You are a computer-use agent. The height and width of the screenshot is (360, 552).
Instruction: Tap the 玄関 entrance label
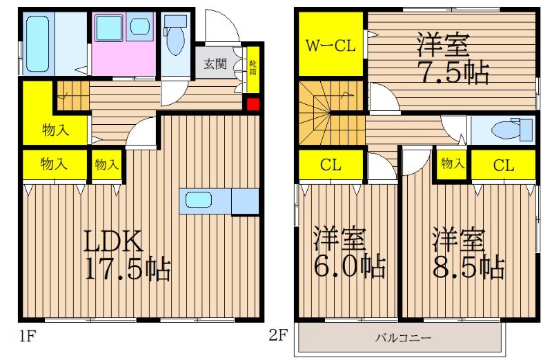tap(215, 65)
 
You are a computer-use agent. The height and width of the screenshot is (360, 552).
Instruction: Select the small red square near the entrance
tap(253, 105)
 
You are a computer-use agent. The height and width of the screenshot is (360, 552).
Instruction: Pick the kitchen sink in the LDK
tap(199, 200)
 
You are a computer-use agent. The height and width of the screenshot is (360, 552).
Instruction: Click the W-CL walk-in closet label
tap(331, 46)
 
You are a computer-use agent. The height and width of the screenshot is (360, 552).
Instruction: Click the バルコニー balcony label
tap(404, 338)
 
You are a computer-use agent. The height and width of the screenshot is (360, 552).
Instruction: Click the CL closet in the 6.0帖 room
tap(331, 165)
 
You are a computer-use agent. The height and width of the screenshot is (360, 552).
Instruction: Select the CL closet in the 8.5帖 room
tap(503, 165)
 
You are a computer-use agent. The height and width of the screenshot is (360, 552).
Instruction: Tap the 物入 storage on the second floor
tap(452, 164)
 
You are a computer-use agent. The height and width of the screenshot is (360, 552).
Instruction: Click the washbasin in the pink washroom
tap(141, 28)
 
